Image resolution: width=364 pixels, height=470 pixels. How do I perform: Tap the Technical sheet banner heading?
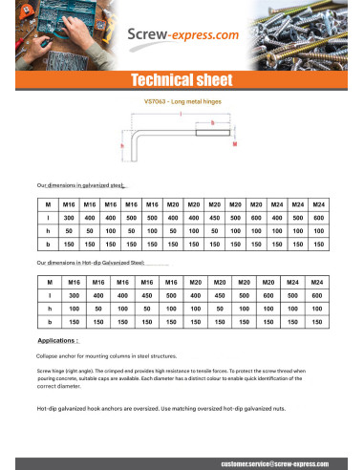(182, 80)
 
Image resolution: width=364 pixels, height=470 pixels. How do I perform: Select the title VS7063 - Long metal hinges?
(182, 99)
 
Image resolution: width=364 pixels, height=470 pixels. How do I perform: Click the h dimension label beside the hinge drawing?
(123, 146)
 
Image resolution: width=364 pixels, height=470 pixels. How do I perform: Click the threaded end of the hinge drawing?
(212, 132)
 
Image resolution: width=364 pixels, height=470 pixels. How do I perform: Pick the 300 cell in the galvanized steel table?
(69, 218)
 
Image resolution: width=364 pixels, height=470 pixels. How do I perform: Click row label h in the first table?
(47, 231)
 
